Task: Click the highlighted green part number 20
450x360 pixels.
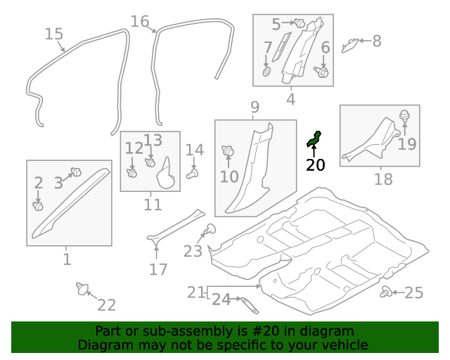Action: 314,139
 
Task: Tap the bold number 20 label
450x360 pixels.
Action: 316,166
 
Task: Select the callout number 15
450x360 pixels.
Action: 54,34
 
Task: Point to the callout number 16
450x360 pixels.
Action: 140,21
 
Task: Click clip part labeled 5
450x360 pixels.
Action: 300,24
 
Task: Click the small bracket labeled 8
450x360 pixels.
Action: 349,46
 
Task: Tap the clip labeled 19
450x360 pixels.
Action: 405,117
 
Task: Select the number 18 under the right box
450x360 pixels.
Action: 383,180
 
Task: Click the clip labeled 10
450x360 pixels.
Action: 228,150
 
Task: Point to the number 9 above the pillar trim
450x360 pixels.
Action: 255,107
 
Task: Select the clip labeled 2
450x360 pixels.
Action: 39,206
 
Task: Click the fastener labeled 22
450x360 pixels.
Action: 84,288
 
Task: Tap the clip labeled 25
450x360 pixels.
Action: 386,292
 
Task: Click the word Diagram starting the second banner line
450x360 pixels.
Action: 103,345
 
